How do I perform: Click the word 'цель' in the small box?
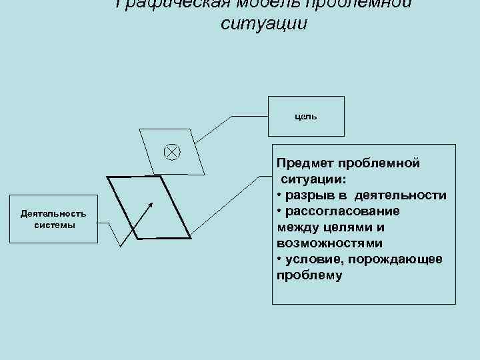coord(306,116)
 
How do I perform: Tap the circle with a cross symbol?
coord(171,152)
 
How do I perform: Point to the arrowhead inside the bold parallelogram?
coord(151,204)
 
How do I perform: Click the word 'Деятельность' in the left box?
coord(54,214)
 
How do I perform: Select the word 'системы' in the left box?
coord(54,225)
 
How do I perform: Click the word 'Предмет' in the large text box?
coord(305,163)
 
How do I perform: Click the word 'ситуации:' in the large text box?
coord(313,179)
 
